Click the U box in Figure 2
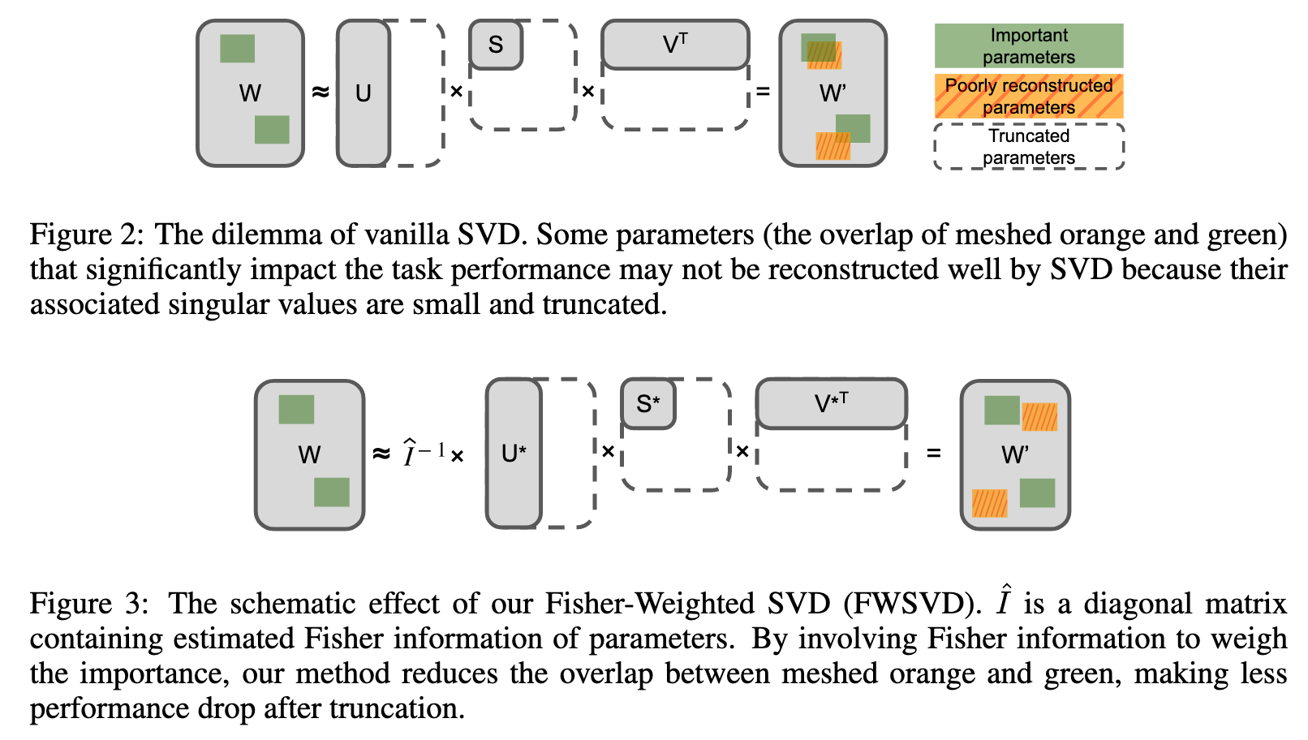tap(363, 93)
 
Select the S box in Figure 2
tap(496, 45)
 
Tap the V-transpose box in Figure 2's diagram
tap(675, 45)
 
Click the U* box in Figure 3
tap(514, 453)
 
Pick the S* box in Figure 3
tap(648, 403)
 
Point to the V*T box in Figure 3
tap(831, 403)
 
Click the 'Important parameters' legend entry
tap(1028, 46)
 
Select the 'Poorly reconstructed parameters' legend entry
tap(1028, 97)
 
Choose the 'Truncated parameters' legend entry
tap(1028, 147)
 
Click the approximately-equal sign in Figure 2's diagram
tap(321, 92)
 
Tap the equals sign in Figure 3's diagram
tap(933, 453)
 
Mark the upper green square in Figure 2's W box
tap(237, 49)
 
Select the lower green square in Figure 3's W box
tap(331, 492)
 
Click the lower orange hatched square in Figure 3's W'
tap(989, 503)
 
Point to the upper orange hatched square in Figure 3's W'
tap(1039, 417)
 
